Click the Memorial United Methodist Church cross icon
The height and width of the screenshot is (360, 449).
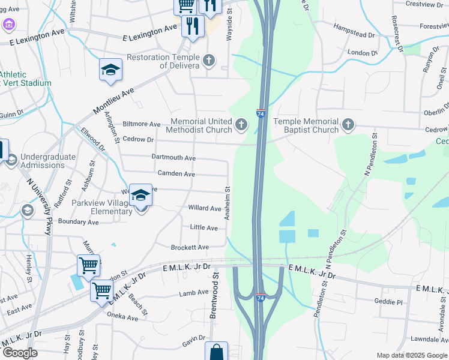(241, 124)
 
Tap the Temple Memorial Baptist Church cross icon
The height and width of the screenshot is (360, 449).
(348, 125)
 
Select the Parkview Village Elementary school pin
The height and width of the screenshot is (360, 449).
(141, 196)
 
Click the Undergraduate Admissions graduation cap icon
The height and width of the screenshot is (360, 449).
(11, 160)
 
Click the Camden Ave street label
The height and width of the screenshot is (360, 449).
(176, 174)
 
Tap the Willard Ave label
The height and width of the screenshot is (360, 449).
(205, 209)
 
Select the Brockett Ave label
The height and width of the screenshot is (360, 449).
(190, 247)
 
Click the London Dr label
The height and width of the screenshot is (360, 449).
(362, 53)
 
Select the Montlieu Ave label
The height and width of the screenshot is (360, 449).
(113, 100)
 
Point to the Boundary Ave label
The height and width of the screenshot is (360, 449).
(78, 222)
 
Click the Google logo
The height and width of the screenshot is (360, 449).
(20, 353)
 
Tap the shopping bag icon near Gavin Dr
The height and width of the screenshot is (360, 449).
(216, 352)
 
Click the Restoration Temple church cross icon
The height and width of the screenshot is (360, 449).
(208, 60)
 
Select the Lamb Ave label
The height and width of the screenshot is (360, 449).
(193, 293)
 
